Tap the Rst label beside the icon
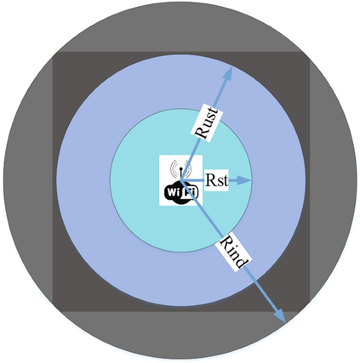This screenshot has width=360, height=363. [x=216, y=181]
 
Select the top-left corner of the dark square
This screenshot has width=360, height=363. [x=53, y=53]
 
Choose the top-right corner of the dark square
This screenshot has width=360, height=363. [x=310, y=53]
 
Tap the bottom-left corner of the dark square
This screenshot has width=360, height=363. [x=53, y=310]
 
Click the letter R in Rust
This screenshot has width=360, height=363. [x=200, y=134]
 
